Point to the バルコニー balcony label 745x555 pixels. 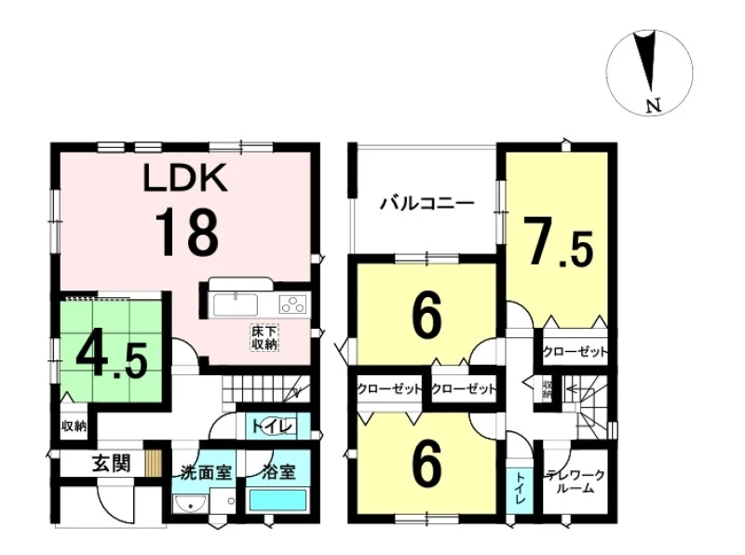427,204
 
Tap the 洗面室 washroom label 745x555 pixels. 206,472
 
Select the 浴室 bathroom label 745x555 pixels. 278,472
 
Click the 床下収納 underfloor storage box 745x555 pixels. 264,338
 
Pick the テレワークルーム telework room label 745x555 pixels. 576,481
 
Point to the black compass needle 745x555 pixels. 649,61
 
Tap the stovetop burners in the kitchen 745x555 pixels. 293,304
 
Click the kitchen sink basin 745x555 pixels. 236,305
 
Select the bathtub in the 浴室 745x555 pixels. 278,500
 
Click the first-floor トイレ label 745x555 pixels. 271,426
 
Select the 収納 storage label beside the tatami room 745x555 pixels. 74,426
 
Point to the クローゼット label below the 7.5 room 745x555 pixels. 575,352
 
